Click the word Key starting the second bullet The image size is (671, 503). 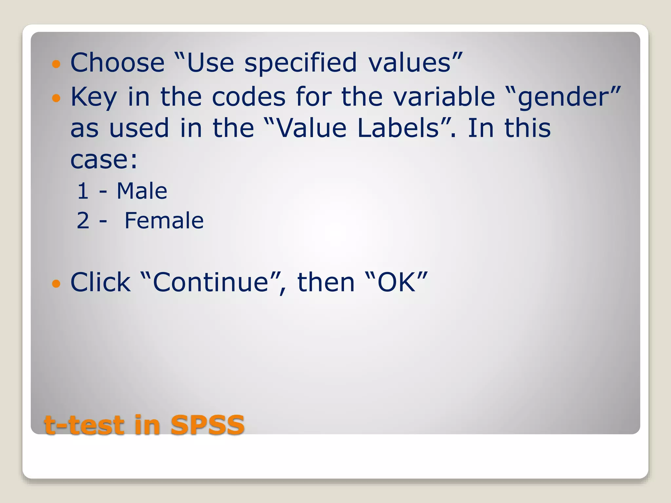click(x=94, y=97)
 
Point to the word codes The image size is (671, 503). click(x=249, y=97)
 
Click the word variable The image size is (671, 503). click(x=444, y=97)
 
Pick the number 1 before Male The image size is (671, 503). click(x=83, y=191)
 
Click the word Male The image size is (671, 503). click(x=142, y=191)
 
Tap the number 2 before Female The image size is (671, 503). click(x=83, y=221)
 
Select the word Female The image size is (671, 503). click(x=164, y=221)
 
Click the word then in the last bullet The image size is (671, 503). click(x=326, y=282)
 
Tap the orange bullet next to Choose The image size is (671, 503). click(x=56, y=64)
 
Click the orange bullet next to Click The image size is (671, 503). click(x=56, y=283)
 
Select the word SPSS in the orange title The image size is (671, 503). click(x=207, y=425)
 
